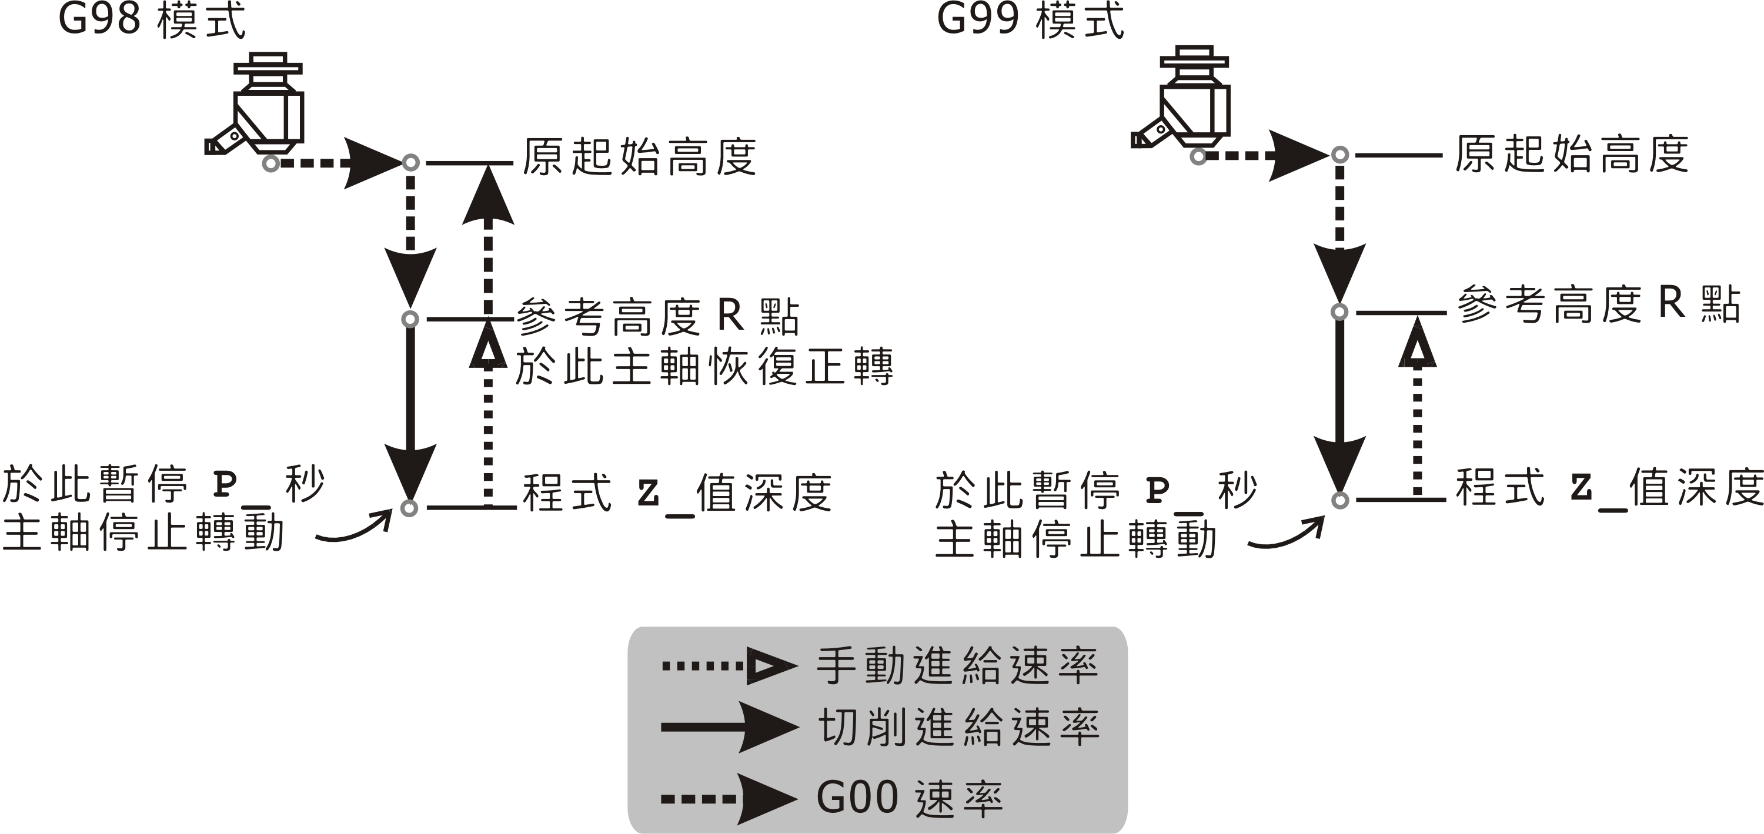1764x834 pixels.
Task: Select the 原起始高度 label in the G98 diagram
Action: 640,157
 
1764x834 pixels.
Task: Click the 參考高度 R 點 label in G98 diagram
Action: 657,317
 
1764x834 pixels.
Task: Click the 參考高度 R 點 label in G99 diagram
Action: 1598,304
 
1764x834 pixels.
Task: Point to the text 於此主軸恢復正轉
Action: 704,367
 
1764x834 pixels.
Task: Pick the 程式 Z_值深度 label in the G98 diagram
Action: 677,493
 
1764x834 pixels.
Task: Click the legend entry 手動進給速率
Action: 957,665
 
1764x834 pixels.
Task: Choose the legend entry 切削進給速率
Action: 958,727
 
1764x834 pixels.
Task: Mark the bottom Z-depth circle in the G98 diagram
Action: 409,508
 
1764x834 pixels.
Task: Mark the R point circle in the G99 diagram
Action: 1339,312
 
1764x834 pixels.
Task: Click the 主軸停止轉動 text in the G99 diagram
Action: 1075,540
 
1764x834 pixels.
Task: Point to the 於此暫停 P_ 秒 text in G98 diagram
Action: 163,485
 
